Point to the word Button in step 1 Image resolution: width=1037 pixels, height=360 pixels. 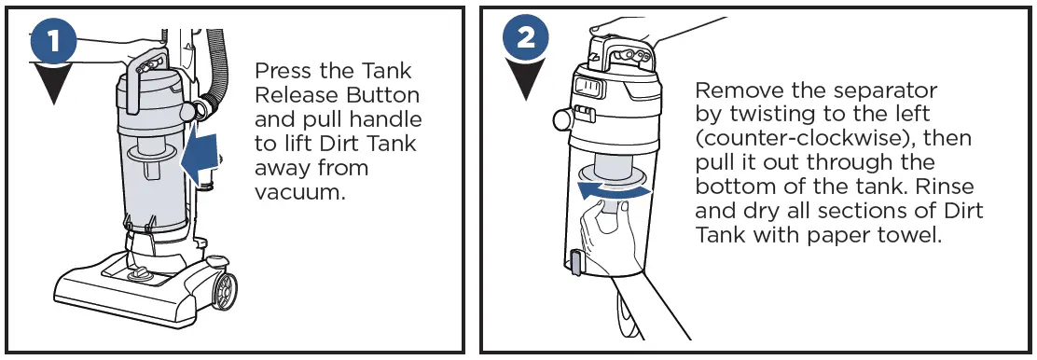point(384,95)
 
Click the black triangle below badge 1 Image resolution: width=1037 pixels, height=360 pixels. point(54,84)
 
